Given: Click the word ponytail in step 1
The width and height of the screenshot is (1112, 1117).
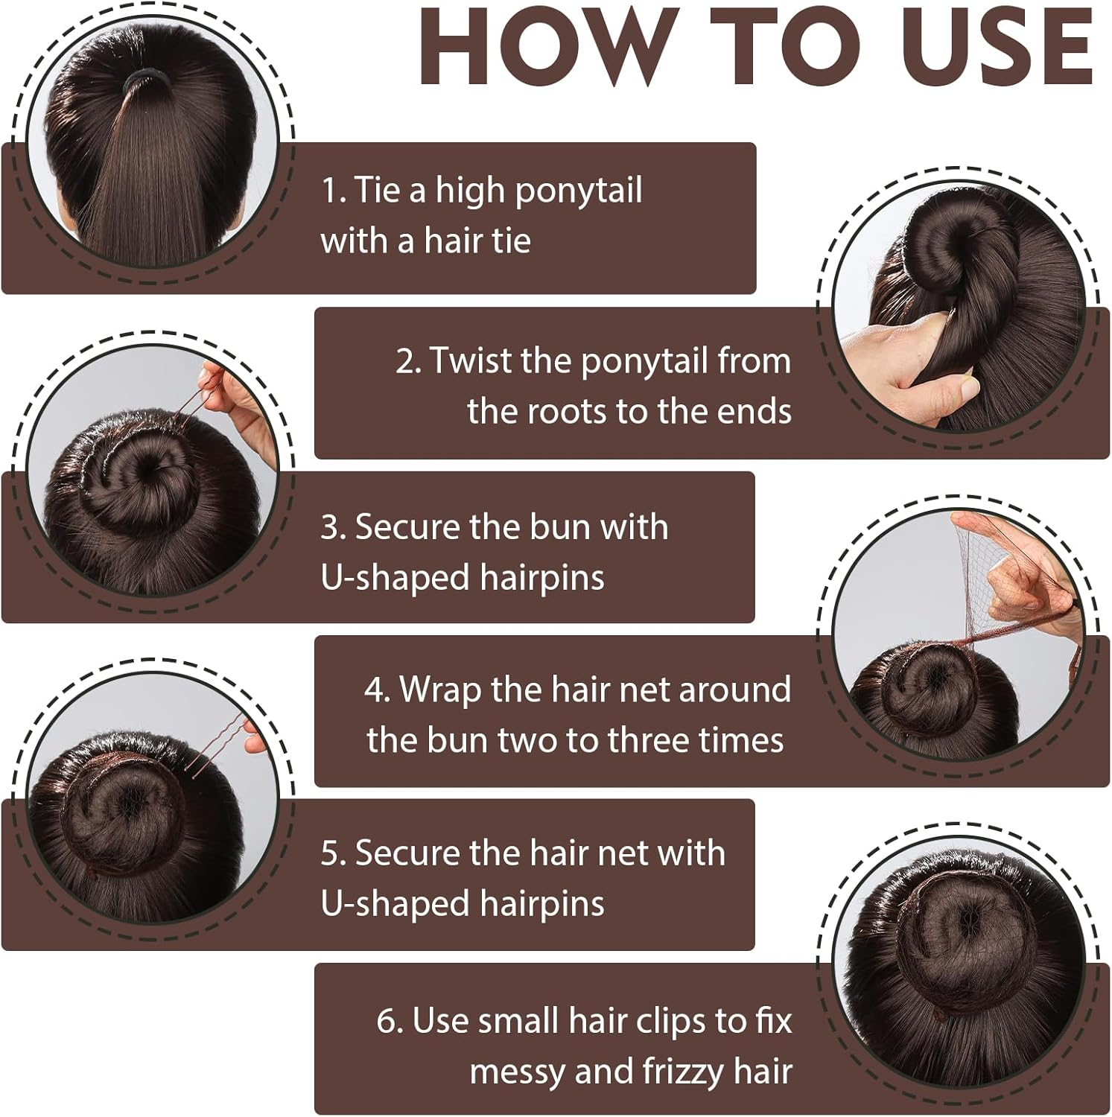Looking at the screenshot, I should pos(578,191).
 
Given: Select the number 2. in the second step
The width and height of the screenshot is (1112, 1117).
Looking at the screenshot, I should pos(409,361).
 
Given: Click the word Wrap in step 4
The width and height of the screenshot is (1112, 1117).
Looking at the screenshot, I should pos(440,690).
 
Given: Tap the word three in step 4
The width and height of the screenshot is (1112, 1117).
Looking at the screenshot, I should pos(652,740).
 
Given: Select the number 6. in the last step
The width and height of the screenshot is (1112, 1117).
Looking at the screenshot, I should pos(390,1021).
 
